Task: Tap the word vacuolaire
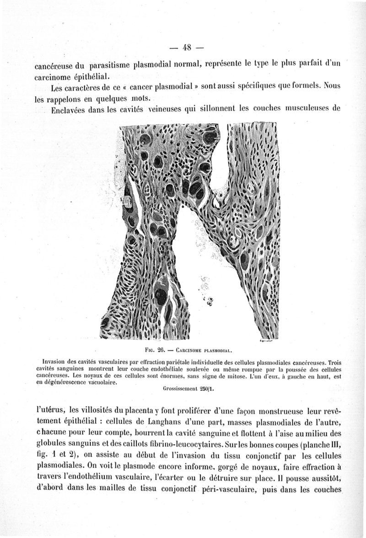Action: [x=100, y=383]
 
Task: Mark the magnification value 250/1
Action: [x=207, y=390]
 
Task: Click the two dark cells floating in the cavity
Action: [x=210, y=301]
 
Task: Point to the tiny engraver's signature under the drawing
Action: [x=266, y=341]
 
